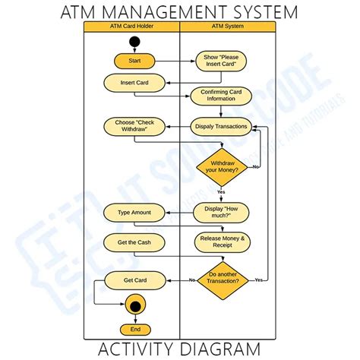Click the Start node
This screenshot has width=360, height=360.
tap(134, 60)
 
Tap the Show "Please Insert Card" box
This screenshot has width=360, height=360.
tap(220, 60)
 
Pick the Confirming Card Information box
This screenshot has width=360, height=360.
tap(220, 96)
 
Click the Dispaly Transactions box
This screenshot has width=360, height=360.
tap(220, 127)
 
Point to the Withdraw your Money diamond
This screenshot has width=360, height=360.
tap(223, 167)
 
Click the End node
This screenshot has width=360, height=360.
tap(135, 329)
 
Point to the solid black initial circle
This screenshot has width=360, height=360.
tap(135, 41)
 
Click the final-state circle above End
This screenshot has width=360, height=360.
tap(135, 306)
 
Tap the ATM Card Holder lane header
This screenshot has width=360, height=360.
tap(131, 27)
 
